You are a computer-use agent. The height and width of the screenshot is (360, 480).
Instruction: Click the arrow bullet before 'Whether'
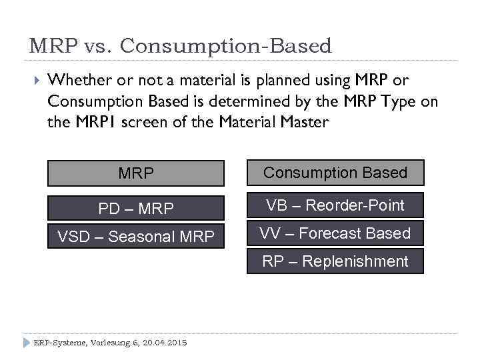click(x=37, y=81)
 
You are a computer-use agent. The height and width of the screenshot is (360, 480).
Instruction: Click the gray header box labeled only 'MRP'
click(x=135, y=173)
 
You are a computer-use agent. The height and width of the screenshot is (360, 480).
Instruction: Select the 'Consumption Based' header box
click(x=335, y=173)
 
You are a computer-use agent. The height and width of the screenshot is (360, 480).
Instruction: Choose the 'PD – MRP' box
click(x=135, y=209)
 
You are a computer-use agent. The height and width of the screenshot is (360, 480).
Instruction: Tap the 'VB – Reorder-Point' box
click(x=335, y=205)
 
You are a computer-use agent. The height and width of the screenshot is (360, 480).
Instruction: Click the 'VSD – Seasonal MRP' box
click(x=135, y=236)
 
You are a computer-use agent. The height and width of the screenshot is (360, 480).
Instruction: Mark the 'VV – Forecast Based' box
click(x=335, y=233)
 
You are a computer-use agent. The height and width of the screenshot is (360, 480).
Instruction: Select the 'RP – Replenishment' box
click(x=335, y=261)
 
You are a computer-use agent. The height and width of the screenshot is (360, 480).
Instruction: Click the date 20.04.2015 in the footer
click(x=162, y=343)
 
